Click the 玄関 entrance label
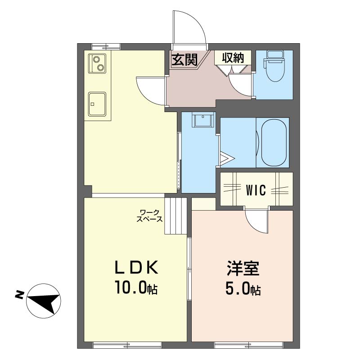tap(184, 59)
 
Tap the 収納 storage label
tap(233, 58)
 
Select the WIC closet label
tap(256, 190)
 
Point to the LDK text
tap(136, 267)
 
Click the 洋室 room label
tap(243, 268)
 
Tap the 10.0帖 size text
tap(136, 288)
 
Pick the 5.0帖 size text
tap(243, 288)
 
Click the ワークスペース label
tap(149, 216)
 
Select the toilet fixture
tap(275, 66)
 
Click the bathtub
tap(274, 143)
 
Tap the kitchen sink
tap(97, 104)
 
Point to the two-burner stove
tap(97, 63)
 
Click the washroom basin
tap(203, 120)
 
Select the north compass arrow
tap(44, 301)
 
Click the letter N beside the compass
tap(19, 295)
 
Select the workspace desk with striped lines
tap(175, 216)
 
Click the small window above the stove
tap(106, 47)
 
